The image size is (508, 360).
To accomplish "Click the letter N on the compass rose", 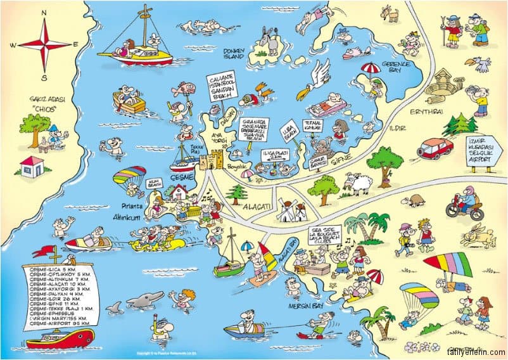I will (44, 12).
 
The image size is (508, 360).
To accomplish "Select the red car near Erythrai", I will (436, 148).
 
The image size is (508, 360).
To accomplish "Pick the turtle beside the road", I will (416, 201).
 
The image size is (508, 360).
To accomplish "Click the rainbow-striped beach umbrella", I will (447, 264).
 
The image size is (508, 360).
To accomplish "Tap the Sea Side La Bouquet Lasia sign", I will (328, 231).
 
